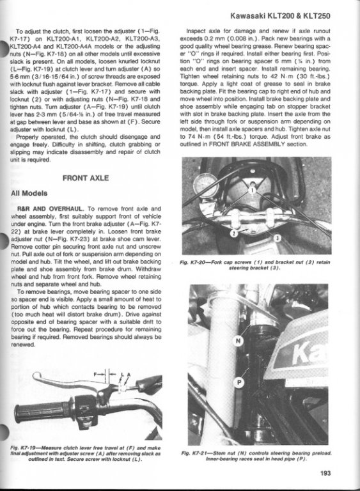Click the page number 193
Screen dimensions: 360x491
click(x=325, y=473)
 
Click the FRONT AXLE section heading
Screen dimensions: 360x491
click(x=86, y=178)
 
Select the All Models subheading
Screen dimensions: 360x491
click(x=29, y=193)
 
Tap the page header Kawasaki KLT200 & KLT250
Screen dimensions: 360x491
click(x=280, y=15)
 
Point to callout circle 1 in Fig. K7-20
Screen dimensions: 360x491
click(x=252, y=190)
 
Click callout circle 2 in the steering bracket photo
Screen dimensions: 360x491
click(x=234, y=233)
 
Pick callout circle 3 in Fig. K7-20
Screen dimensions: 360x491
click(x=278, y=238)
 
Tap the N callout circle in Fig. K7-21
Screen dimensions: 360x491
click(x=239, y=341)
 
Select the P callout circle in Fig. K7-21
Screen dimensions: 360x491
click(x=239, y=382)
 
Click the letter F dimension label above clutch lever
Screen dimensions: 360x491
click(x=95, y=374)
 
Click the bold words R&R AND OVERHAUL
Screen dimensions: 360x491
click(x=51, y=208)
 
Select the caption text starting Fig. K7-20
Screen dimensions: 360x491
click(x=254, y=265)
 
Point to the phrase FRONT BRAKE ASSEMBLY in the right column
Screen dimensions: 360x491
click(x=247, y=144)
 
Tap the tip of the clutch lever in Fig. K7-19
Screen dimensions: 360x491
click(x=35, y=377)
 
